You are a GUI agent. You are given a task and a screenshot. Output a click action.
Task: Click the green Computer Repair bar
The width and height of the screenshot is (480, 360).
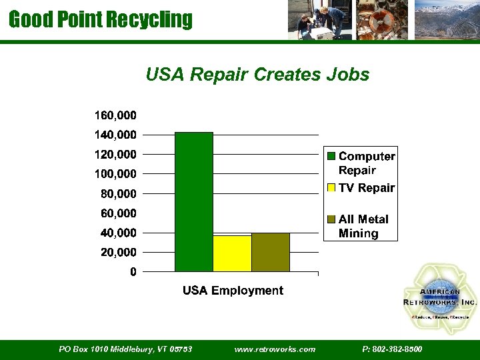click(x=193, y=201)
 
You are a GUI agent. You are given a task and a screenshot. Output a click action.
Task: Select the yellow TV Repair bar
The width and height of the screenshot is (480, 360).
click(x=232, y=253)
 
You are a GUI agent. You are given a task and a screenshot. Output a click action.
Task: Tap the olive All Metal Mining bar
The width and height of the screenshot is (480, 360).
click(x=271, y=252)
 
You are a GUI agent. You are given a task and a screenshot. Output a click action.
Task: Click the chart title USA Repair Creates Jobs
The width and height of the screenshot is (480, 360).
click(x=257, y=75)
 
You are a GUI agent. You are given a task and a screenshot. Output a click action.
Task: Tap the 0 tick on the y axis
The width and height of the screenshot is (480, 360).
click(x=133, y=272)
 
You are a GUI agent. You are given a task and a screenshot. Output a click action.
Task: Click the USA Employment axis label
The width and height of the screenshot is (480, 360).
click(x=233, y=291)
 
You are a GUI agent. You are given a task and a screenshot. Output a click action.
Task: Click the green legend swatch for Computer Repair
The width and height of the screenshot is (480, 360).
click(x=331, y=157)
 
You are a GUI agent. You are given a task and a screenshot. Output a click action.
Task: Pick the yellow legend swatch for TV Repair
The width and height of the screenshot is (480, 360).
click(x=331, y=189)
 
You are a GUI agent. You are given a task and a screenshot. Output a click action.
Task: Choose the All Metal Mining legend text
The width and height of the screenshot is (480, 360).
click(x=363, y=226)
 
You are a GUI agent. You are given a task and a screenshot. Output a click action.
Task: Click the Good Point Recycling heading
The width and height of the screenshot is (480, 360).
click(x=101, y=19)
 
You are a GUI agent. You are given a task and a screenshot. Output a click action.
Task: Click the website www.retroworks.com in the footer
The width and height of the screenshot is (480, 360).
click(x=275, y=349)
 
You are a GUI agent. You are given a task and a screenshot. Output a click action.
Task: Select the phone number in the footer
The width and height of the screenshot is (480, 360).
click(x=392, y=349)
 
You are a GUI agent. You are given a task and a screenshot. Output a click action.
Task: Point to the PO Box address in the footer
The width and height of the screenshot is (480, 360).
click(x=125, y=349)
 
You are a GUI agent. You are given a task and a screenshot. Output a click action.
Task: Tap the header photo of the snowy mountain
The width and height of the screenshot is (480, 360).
click(x=446, y=20)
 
